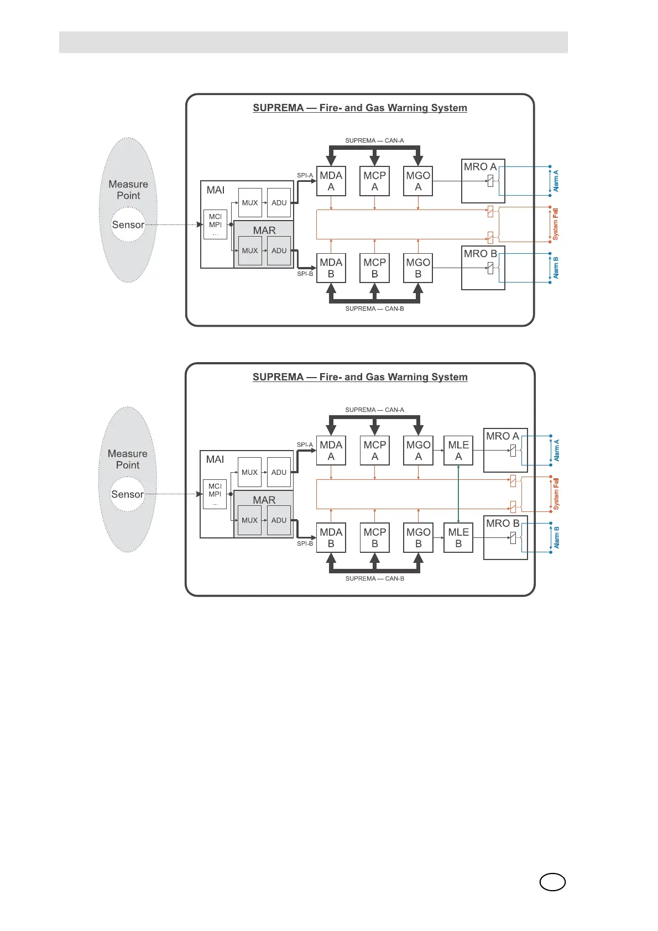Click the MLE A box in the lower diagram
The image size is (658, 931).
click(x=458, y=451)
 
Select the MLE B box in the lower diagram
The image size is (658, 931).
click(x=458, y=537)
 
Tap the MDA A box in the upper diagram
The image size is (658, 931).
click(x=331, y=181)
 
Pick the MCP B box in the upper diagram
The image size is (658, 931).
click(x=375, y=268)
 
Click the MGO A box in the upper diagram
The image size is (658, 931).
click(x=418, y=181)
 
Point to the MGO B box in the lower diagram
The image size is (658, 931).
click(x=419, y=537)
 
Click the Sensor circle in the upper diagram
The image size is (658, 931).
click(x=128, y=225)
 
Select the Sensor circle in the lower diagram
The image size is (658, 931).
click(x=127, y=494)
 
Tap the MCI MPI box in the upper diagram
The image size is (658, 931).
click(x=215, y=224)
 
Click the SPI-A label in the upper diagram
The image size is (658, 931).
click(x=305, y=175)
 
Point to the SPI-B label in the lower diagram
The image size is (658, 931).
click(x=305, y=543)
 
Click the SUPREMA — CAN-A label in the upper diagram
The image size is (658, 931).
click(x=374, y=140)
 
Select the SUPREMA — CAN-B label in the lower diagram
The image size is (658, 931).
click(x=374, y=578)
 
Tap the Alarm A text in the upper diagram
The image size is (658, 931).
click(x=556, y=181)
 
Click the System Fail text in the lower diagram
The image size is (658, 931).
click(x=556, y=494)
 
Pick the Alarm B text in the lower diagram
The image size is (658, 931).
click(x=556, y=537)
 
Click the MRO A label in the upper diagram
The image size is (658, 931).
click(x=480, y=167)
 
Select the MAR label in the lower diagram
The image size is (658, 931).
click(x=264, y=500)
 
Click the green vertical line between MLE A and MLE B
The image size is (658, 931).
click(x=458, y=494)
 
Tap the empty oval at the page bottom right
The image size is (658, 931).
click(x=552, y=882)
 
